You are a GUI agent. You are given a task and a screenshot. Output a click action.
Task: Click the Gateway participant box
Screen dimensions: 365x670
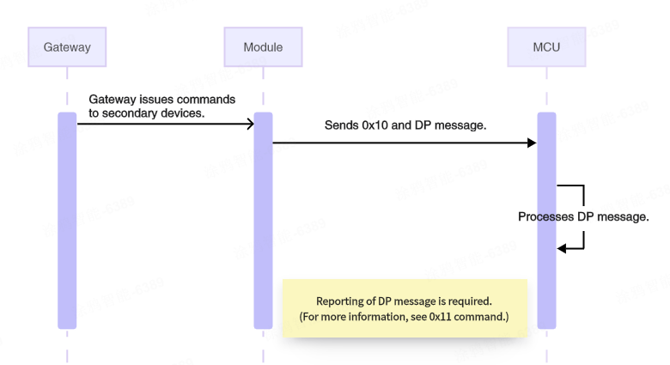point(67,47)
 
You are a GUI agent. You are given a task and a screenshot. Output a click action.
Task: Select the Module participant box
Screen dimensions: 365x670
point(263,47)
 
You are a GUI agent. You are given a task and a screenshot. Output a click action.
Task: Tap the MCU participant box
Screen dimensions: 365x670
point(546,47)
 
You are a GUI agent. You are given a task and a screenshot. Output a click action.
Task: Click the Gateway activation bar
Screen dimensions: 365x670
point(67,221)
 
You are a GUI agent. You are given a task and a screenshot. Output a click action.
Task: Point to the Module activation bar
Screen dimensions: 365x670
point(263,221)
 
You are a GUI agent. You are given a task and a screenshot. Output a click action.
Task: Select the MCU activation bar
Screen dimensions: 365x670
point(546,221)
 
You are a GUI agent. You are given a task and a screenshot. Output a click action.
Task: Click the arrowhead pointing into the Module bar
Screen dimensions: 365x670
point(250,125)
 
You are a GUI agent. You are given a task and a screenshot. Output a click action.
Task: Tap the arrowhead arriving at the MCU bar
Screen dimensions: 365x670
point(532,143)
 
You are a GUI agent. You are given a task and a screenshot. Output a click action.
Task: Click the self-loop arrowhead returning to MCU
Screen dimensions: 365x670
point(562,249)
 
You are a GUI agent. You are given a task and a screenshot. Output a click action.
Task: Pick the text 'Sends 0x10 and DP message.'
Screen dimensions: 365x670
point(405,125)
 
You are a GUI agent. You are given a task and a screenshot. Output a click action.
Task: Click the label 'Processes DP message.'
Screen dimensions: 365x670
point(583,217)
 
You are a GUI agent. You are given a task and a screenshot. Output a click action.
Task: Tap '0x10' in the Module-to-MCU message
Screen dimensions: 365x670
point(376,125)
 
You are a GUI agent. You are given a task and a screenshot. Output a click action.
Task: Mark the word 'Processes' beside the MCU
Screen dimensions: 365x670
point(545,217)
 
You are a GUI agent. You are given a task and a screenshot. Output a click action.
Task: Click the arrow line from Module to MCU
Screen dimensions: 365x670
point(404,143)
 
